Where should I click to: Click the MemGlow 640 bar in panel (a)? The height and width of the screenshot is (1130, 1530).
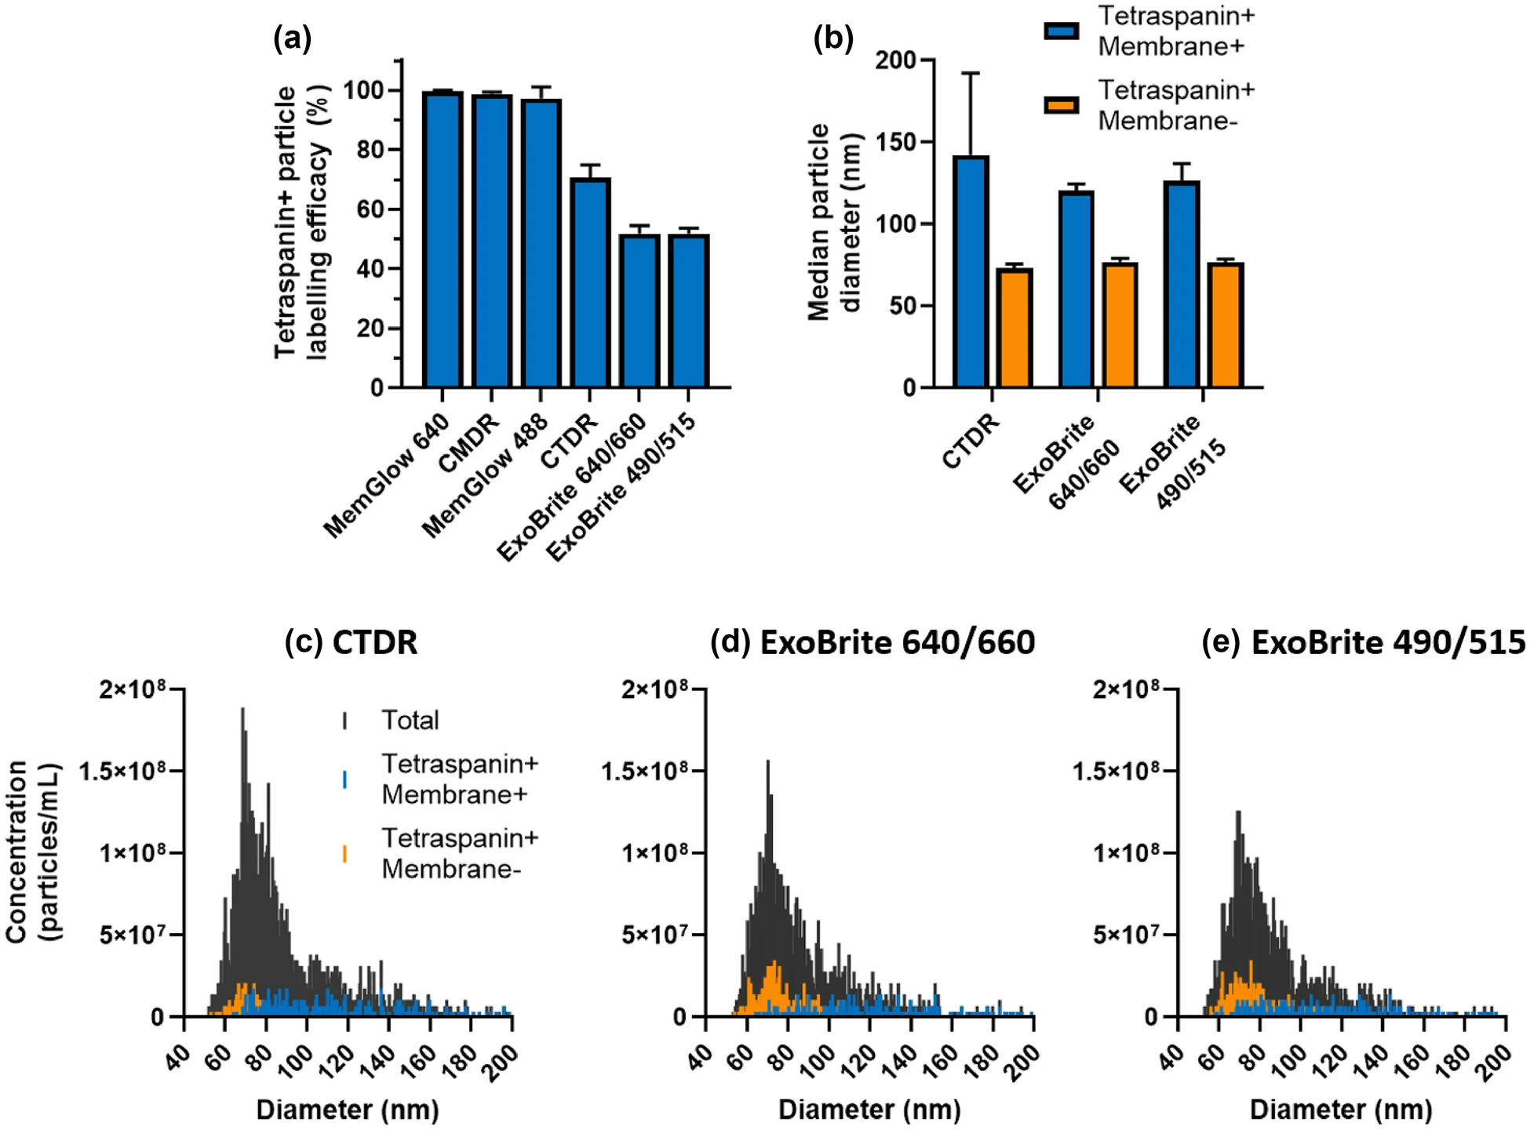(443, 240)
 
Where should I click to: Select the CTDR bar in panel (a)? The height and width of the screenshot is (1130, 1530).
(590, 283)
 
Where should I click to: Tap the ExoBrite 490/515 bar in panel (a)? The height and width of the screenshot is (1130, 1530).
(689, 311)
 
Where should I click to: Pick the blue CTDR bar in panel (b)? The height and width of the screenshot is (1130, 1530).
(971, 271)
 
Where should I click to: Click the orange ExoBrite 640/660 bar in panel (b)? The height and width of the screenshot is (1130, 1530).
(1120, 325)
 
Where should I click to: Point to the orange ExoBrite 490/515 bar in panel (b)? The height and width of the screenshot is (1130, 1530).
(1225, 325)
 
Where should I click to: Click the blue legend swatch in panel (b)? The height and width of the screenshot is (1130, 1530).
(1061, 31)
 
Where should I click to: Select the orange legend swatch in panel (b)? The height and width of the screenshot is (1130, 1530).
(1061, 105)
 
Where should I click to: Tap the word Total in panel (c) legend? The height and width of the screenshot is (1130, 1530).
(410, 720)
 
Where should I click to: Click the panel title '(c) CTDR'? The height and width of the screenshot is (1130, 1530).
(351, 642)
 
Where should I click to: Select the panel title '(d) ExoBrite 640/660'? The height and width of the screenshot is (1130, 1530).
(872, 642)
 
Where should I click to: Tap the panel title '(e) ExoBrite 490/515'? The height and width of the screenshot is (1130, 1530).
(1364, 642)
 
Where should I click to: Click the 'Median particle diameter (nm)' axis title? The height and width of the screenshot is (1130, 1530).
(834, 223)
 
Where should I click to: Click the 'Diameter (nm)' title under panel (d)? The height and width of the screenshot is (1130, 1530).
(869, 1110)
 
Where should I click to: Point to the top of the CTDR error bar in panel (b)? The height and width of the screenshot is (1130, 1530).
(971, 73)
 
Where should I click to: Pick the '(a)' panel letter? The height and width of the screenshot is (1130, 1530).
(292, 38)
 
